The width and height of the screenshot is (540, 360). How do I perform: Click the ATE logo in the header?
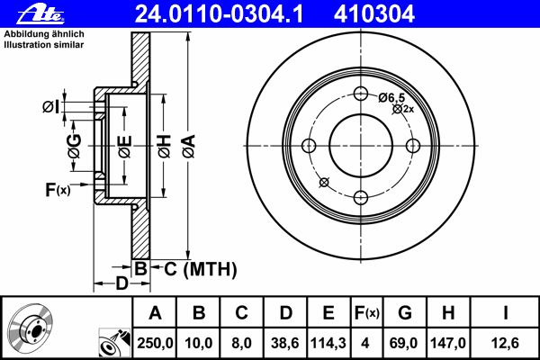40,14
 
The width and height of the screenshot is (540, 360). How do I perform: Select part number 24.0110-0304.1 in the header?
220,14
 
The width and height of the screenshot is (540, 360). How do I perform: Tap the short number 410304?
374,14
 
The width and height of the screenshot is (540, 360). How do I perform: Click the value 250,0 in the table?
155,343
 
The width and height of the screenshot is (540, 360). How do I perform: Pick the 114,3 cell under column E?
328,343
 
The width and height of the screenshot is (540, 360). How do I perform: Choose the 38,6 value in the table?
284,343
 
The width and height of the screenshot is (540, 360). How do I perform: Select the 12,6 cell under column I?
505,343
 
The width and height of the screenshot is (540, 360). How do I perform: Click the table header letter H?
448,313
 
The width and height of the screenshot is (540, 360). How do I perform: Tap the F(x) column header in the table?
366,313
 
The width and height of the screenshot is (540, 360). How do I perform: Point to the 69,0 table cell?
403,343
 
